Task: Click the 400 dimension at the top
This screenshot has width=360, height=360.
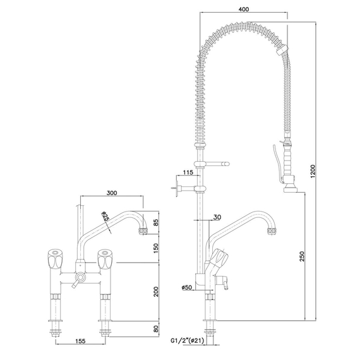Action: click(x=245, y=10)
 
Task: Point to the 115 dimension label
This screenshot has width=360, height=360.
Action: click(x=187, y=172)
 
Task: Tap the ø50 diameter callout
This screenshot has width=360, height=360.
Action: click(x=187, y=288)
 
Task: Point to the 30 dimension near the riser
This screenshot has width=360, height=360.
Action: click(x=217, y=217)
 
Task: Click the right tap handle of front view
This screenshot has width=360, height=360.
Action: click(x=105, y=259)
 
